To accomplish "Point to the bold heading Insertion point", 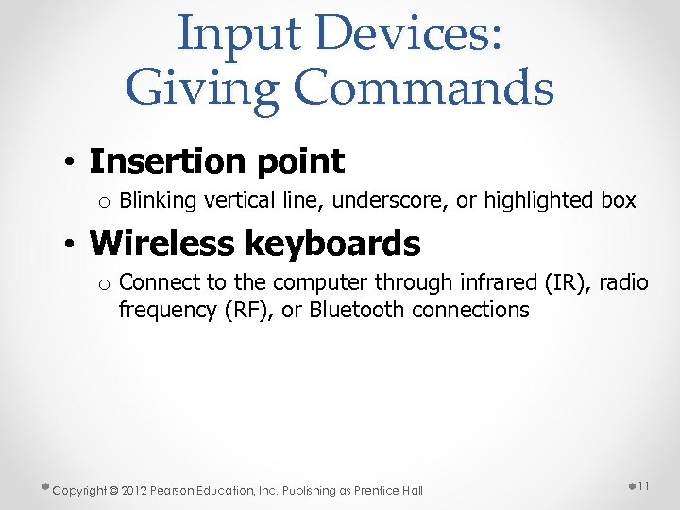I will click(x=216, y=161).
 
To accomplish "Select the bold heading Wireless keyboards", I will click(x=254, y=244).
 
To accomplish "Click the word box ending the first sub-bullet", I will click(x=620, y=201).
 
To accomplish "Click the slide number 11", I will click(x=642, y=485).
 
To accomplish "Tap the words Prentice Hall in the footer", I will click(x=391, y=490).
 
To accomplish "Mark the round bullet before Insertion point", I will click(x=71, y=163).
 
